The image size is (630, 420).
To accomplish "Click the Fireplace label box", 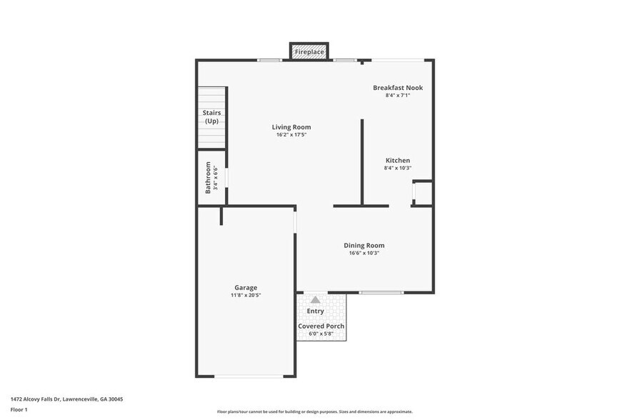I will (309, 52).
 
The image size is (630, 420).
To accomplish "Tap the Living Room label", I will (291, 127).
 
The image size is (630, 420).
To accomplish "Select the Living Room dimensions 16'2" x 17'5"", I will (291, 135).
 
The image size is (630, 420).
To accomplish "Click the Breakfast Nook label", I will (398, 88).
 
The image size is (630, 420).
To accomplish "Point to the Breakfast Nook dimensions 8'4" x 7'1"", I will (398, 95).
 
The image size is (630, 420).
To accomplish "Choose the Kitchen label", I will (398, 160).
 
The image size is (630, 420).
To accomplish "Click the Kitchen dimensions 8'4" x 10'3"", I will (398, 168).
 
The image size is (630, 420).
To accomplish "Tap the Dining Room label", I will (364, 245).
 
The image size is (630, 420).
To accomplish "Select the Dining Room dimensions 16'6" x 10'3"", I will (364, 253).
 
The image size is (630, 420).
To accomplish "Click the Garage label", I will (246, 287).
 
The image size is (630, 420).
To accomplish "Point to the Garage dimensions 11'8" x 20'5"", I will (246, 295).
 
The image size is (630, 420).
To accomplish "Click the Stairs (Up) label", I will (211, 117).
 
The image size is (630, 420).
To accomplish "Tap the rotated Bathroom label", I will (208, 177).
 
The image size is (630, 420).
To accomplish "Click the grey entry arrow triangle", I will (315, 300).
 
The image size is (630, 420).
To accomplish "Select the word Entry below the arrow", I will (315, 311).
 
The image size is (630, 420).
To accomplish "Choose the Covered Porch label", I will (321, 326).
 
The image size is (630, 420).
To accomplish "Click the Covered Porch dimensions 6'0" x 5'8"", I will (321, 334).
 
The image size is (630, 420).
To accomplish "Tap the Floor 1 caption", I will (19, 409).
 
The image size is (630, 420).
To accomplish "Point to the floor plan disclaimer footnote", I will (314, 412).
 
